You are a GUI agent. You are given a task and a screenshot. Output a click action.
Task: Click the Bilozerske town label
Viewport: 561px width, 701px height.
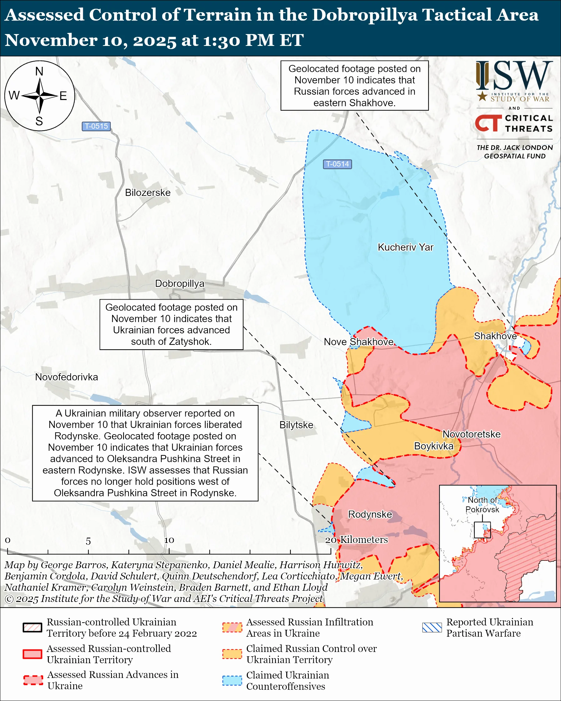coord(148,192)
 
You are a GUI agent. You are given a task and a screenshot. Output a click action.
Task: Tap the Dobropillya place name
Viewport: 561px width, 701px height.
coord(179,284)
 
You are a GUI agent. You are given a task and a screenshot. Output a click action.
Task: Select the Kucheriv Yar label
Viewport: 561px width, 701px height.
coord(405,247)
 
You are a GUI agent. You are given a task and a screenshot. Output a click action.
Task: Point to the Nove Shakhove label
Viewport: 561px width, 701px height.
coord(358,342)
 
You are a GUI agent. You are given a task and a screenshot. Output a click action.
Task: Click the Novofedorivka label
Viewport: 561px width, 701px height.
coord(66,377)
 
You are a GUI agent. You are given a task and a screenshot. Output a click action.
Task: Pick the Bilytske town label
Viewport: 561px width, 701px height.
coord(296,425)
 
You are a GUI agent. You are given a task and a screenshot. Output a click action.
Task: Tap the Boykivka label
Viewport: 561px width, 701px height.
coord(433,446)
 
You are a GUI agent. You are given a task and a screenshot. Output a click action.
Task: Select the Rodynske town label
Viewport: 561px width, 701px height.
coord(370,514)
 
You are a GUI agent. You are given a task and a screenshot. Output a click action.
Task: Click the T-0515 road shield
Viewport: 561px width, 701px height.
coord(96,126)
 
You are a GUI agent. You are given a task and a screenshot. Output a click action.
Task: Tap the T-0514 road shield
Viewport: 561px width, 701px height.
coord(337,164)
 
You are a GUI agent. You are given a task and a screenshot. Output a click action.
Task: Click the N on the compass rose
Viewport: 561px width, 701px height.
coord(39,72)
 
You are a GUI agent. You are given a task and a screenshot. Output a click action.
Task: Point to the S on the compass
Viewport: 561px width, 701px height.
coord(39,121)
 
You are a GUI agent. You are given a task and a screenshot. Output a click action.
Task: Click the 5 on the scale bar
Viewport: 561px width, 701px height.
coord(88,541)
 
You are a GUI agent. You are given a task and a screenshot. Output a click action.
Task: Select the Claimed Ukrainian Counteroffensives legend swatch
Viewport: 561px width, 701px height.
coord(232,680)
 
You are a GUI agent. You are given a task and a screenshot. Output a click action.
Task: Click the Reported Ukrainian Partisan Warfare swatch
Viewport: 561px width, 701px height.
coord(432,627)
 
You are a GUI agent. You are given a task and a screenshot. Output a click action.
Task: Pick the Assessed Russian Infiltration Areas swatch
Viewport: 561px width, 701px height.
coord(232,627)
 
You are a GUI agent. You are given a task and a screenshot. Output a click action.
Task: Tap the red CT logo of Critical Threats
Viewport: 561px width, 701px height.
coord(488,123)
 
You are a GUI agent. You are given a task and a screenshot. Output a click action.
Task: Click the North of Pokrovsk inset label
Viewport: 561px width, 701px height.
coord(482,505)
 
